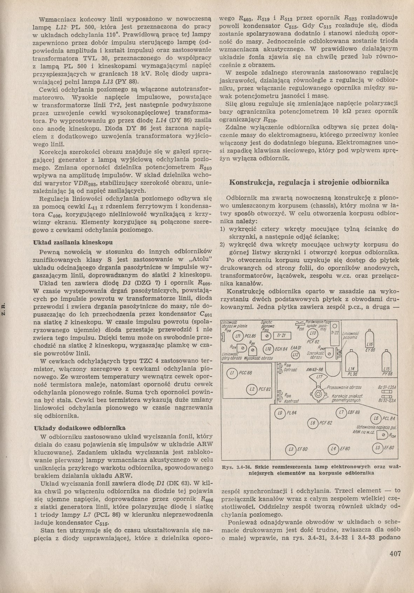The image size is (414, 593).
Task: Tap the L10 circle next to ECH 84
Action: click(269, 349)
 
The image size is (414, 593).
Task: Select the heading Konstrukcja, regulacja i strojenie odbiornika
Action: click(308, 182)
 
